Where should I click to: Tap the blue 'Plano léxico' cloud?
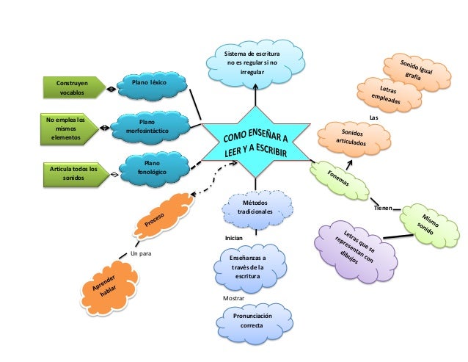149,86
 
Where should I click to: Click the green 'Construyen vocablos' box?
72,89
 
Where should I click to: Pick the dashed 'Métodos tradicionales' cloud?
255,206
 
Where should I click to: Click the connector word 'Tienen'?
383,209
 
